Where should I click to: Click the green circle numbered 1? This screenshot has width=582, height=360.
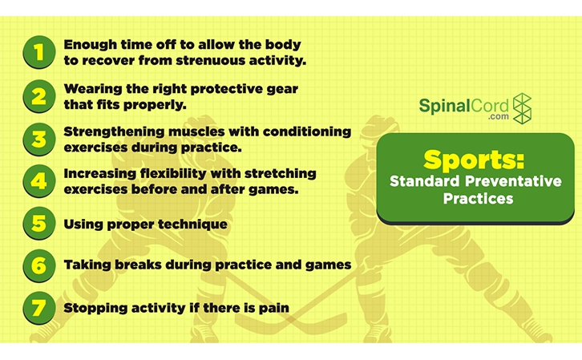[x=36, y=52]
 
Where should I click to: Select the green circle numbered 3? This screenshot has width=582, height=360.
[x=36, y=138]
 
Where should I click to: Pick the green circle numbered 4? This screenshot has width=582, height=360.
[x=36, y=180]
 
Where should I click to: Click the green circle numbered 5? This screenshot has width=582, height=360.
[x=36, y=224]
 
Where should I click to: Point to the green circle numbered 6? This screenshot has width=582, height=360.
[x=36, y=265]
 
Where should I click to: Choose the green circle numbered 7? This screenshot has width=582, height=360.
[x=36, y=307]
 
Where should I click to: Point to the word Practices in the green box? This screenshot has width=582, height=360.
[x=478, y=197]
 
